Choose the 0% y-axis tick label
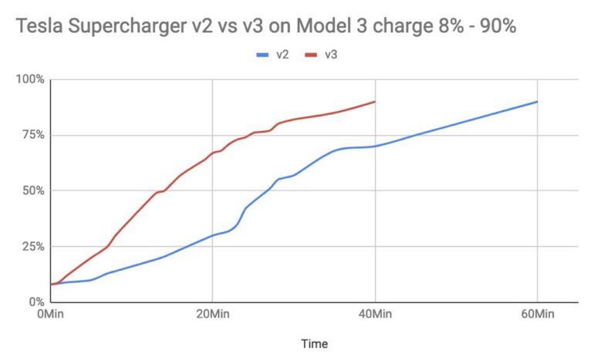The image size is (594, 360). point(35,301)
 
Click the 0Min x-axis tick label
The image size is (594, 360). point(50,315)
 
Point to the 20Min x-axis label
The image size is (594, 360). point(212,315)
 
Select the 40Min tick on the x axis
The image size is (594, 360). point(375,315)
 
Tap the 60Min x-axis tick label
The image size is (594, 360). point(537,315)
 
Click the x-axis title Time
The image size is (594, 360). point(313,344)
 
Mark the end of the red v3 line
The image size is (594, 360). point(375,102)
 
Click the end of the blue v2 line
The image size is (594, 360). point(537,102)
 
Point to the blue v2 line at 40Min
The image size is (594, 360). point(375,146)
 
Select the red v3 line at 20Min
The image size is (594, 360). point(212,153)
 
